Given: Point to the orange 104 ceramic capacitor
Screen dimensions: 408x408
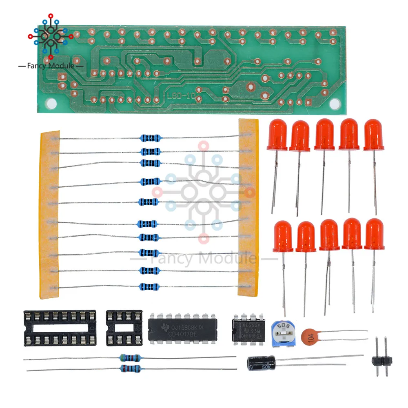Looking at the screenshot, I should (311, 337).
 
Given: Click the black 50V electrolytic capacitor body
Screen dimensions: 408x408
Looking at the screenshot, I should (262, 362).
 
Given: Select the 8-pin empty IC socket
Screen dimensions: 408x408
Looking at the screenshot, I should (124, 328).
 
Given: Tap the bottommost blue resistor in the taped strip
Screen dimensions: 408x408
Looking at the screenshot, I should (149, 286).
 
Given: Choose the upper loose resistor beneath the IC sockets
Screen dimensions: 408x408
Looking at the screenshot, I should (130, 358).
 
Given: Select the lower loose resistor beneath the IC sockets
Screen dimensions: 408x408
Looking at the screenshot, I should (130, 369).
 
